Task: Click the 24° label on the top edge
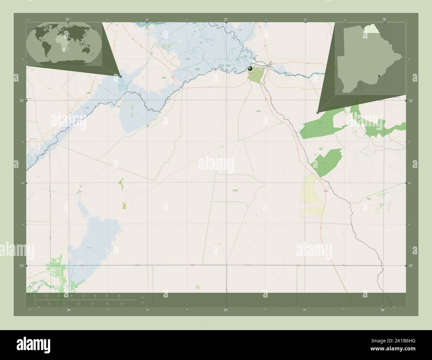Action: tap(68, 20)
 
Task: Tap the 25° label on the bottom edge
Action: tap(226, 310)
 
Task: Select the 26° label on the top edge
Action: tap(384, 20)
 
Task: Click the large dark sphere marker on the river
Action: tap(250, 68)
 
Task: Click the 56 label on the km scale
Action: tap(119, 296)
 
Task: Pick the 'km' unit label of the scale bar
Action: tap(143, 297)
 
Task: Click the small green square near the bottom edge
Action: tap(198, 287)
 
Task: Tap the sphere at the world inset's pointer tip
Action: tap(120, 76)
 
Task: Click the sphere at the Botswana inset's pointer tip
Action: tap(318, 113)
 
